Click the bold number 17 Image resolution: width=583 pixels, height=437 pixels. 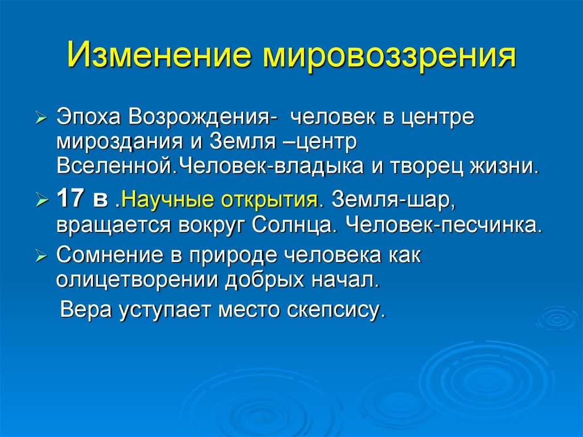(70, 201)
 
